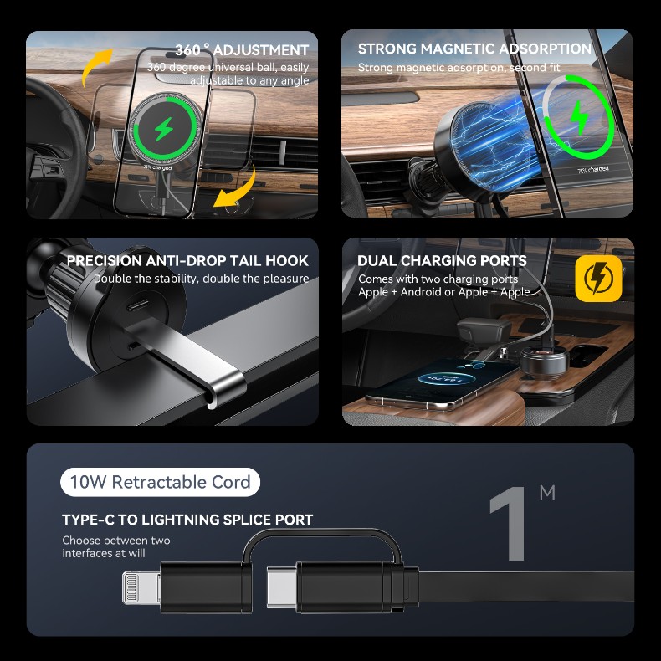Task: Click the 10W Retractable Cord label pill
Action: (160, 482)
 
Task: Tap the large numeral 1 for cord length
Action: (510, 523)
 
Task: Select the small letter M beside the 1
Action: (547, 493)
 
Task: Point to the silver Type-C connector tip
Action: (282, 587)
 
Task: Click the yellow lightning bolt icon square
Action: (598, 279)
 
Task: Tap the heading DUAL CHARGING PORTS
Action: (442, 260)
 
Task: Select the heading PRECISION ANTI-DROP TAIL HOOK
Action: (187, 260)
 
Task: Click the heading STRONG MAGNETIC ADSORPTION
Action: (474, 49)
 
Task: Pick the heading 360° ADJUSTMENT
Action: (242, 49)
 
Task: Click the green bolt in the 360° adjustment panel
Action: (163, 129)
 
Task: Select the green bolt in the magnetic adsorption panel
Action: (579, 117)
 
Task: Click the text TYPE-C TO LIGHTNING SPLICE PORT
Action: (187, 520)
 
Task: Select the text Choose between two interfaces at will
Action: (116, 546)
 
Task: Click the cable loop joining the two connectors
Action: (321, 532)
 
